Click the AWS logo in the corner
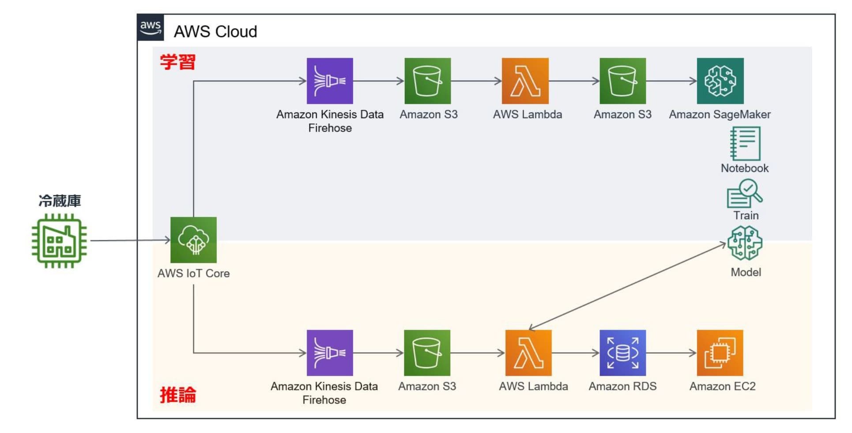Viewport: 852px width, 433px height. (x=150, y=27)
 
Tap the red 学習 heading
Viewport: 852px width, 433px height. (x=177, y=62)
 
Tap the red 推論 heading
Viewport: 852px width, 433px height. (x=177, y=395)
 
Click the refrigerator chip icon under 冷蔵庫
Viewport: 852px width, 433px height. (x=59, y=241)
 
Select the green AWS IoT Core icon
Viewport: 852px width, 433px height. (x=193, y=240)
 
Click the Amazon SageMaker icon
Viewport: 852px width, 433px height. (x=720, y=81)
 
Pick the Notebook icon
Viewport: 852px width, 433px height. (x=745, y=144)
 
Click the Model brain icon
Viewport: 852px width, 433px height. (x=745, y=243)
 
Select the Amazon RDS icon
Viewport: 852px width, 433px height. (x=622, y=353)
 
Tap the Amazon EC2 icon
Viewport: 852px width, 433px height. (x=720, y=353)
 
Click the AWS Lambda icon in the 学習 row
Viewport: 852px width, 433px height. (x=525, y=81)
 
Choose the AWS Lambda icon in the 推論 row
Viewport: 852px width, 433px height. (x=528, y=353)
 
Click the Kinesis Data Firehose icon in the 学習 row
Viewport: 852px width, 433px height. (x=330, y=81)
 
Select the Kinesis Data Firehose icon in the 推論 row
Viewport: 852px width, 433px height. (x=330, y=353)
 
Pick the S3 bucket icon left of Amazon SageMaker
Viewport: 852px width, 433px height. (x=622, y=81)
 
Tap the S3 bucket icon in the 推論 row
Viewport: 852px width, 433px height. (x=427, y=353)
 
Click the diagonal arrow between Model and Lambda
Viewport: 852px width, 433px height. (x=627, y=286)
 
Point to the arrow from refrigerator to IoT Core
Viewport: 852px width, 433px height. (x=130, y=240)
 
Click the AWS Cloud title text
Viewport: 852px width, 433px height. (x=215, y=32)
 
